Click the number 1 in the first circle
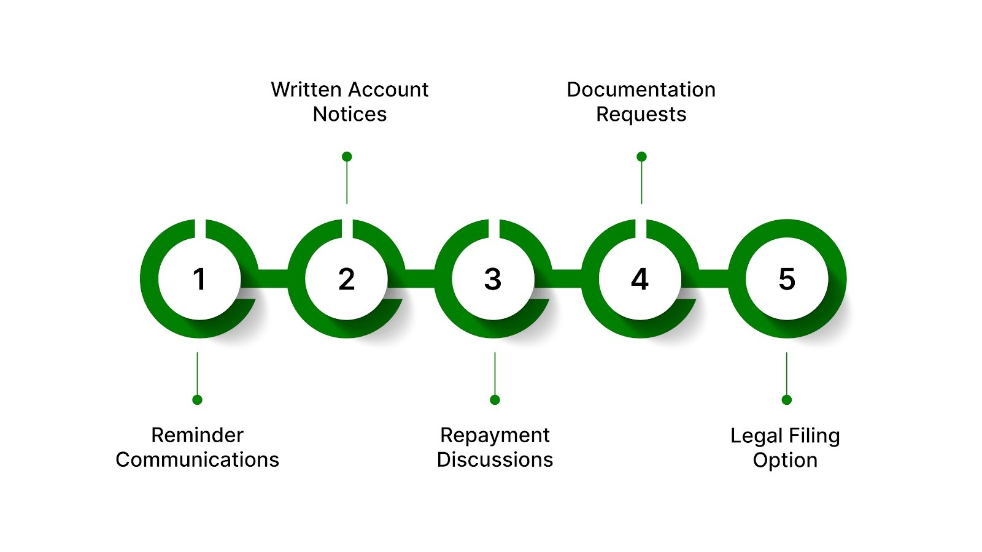click(x=199, y=280)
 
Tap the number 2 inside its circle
click(x=346, y=280)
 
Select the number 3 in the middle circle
click(x=493, y=280)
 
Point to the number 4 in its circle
click(x=640, y=280)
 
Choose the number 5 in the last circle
click(x=787, y=280)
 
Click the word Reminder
click(x=197, y=435)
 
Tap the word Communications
click(x=197, y=460)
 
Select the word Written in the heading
click(x=306, y=90)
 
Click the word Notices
click(x=350, y=114)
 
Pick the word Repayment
click(x=495, y=435)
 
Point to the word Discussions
click(x=495, y=460)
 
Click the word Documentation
click(x=641, y=90)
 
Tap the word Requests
click(x=641, y=115)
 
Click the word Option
click(x=785, y=461)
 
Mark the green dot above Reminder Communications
click(x=197, y=400)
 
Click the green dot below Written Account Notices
click(x=347, y=156)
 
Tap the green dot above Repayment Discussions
click(x=495, y=400)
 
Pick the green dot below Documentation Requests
click(x=641, y=156)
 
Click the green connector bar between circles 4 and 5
click(x=714, y=278)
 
